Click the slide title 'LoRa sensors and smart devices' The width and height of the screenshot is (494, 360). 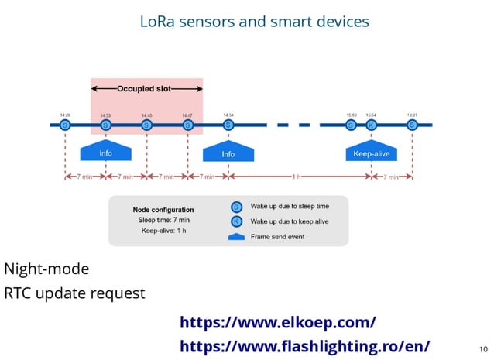(x=254, y=21)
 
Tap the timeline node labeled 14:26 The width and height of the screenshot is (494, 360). (x=65, y=125)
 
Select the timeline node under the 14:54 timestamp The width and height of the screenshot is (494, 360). (x=228, y=125)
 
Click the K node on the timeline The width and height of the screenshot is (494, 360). (x=371, y=125)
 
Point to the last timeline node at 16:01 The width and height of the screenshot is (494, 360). (x=412, y=125)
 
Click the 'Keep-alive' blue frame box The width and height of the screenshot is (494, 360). (x=371, y=153)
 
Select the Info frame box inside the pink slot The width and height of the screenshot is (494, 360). (x=106, y=153)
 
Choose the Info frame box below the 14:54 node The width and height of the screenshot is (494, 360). (x=228, y=153)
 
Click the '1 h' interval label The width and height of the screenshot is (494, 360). (x=297, y=177)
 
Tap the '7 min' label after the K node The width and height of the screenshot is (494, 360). (x=391, y=177)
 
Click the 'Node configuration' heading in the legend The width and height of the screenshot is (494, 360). (x=163, y=210)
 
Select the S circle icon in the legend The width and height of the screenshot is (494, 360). (x=237, y=207)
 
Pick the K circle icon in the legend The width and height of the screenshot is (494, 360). (x=237, y=221)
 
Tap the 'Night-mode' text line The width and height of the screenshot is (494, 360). (x=46, y=269)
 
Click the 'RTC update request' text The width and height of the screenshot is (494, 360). (x=74, y=293)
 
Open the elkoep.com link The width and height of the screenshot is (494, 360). (x=278, y=321)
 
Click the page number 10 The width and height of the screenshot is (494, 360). (x=484, y=348)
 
